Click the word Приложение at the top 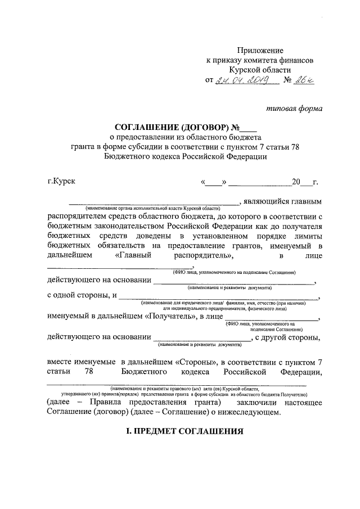pos(260,51)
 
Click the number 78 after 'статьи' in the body pos(88,372)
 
